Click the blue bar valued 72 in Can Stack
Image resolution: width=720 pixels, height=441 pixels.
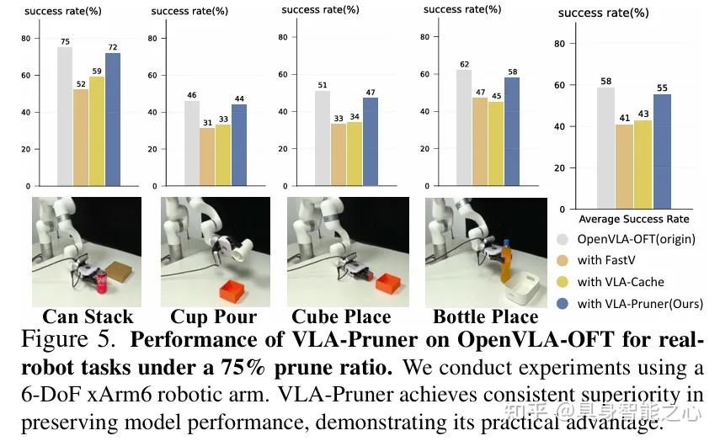coord(113,120)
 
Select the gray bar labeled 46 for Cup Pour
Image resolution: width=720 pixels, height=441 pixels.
coord(192,143)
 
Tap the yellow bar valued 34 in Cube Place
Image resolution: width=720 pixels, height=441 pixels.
coord(355,154)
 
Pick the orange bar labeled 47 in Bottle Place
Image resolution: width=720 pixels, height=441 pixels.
coord(480,141)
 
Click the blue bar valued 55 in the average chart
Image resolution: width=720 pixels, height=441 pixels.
coord(662,151)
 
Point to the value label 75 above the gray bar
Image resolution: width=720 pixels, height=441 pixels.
coord(65,41)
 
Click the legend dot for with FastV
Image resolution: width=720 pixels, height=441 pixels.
coord(563,260)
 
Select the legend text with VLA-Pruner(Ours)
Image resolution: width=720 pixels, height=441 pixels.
coord(640,304)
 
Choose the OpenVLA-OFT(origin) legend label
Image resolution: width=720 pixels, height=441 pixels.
coord(636,239)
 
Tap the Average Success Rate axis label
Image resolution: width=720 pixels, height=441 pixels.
coord(633,219)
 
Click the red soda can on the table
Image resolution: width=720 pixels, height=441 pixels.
coord(101,282)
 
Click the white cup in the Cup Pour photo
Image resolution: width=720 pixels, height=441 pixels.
coord(242,250)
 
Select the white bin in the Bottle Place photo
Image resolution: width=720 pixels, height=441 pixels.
coord(525,290)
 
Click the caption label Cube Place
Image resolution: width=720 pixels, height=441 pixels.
coord(341,317)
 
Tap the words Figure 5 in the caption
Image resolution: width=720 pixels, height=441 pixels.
coord(67,339)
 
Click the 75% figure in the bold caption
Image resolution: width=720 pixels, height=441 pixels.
coord(243,367)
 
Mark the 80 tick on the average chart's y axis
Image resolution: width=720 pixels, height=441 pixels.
coord(559,44)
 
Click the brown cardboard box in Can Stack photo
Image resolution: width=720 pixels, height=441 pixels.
coord(119,273)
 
